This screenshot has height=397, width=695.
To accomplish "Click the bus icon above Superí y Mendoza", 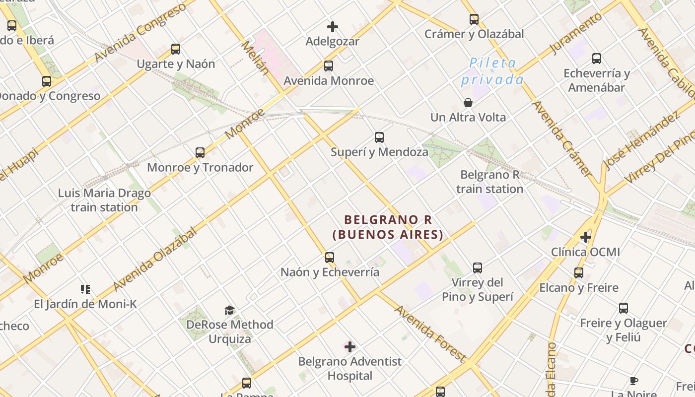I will click(379, 137).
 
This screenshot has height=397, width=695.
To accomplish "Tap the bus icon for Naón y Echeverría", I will click(330, 258).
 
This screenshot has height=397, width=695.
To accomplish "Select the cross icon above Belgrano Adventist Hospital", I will click(350, 346).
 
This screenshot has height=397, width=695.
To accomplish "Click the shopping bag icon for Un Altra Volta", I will click(468, 103).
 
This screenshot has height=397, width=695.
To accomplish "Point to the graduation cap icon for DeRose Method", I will click(229, 311).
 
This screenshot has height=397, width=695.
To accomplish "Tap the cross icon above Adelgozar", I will click(333, 26).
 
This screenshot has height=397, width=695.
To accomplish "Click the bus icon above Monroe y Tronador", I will click(200, 153).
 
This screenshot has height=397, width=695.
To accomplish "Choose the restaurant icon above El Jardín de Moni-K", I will click(85, 289).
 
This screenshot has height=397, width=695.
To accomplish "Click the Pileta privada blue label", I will click(492, 71).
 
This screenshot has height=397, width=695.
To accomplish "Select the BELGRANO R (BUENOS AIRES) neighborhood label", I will click(388, 227).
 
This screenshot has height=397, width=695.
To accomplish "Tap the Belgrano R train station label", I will click(489, 182).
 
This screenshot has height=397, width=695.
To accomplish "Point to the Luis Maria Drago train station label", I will click(104, 200).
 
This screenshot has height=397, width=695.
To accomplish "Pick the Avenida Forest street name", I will click(430, 333).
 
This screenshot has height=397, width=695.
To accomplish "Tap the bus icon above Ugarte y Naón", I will click(176, 49).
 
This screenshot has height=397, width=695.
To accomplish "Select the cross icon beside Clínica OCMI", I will click(586, 237).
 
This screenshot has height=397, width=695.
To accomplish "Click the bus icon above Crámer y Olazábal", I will click(474, 19).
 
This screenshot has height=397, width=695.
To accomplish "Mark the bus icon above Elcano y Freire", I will click(579, 273).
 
